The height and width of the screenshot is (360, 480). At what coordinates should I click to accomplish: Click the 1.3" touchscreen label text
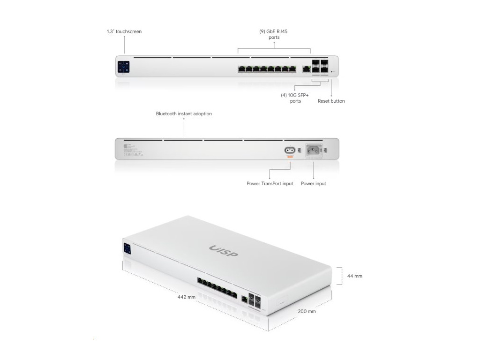[x=124, y=32]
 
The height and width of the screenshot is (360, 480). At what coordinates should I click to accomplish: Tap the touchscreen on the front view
[x=123, y=67]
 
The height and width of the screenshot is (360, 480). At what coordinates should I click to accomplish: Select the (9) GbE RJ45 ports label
[x=274, y=34]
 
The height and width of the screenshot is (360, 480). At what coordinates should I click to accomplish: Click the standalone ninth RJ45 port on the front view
[x=306, y=69]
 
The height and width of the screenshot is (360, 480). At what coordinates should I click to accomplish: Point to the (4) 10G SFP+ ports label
[x=295, y=97]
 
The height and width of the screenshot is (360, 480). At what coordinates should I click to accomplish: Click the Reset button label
[x=331, y=101]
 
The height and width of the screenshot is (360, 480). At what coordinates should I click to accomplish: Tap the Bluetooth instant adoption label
[x=184, y=114]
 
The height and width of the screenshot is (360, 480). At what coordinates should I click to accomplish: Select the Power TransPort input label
[x=270, y=184]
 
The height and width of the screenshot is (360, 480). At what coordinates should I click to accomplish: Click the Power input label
[x=314, y=184]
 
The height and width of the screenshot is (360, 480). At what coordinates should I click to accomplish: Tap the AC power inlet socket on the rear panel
[x=314, y=150]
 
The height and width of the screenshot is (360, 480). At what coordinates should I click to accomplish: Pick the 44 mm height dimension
[x=354, y=276]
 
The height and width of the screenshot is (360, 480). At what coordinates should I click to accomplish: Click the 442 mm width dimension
[x=186, y=297]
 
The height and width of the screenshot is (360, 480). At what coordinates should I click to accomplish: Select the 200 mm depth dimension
[x=307, y=311]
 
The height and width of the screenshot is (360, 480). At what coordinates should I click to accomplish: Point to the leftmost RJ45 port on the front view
[x=241, y=69]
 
